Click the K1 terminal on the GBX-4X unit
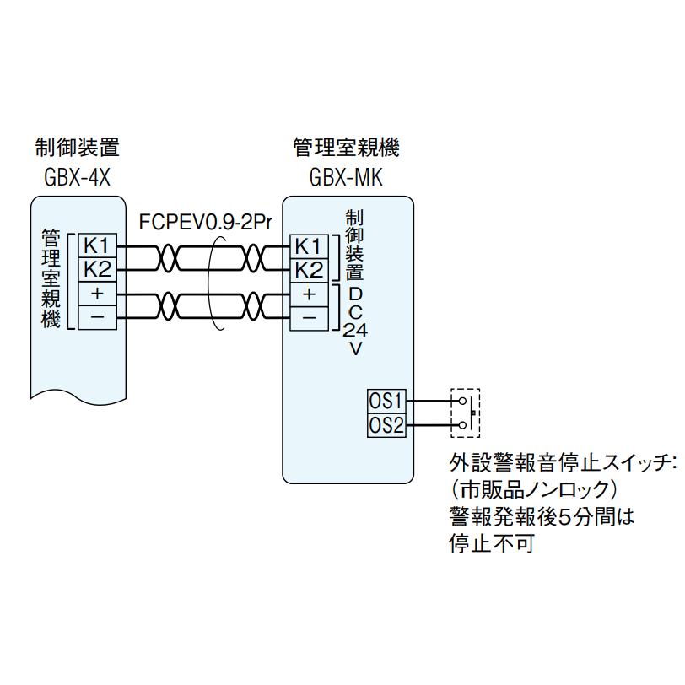pyautogui.click(x=95, y=245)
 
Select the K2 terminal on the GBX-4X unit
pyautogui.click(x=95, y=269)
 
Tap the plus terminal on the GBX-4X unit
pyautogui.click(x=95, y=294)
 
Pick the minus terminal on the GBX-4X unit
pyautogui.click(x=95, y=317)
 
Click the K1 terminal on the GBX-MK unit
pyautogui.click(x=309, y=245)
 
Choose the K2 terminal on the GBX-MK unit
pyautogui.click(x=309, y=269)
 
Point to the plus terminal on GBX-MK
pyautogui.click(x=309, y=294)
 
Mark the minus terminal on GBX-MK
pyautogui.click(x=309, y=317)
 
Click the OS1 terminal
pyautogui.click(x=386, y=400)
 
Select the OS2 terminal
pyautogui.click(x=386, y=424)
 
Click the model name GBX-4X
pyautogui.click(x=76, y=178)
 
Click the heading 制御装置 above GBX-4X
pyautogui.click(x=77, y=148)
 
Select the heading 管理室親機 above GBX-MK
pyautogui.click(x=346, y=148)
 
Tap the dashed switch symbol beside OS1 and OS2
pyautogui.click(x=465, y=412)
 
